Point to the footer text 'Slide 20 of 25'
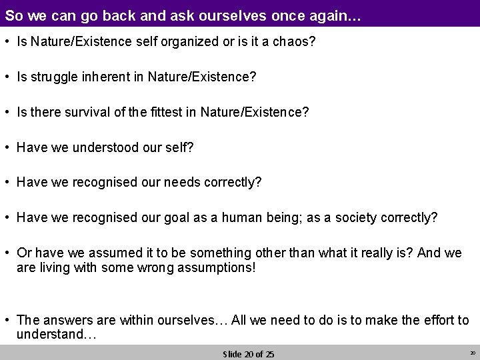pos(248,353)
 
